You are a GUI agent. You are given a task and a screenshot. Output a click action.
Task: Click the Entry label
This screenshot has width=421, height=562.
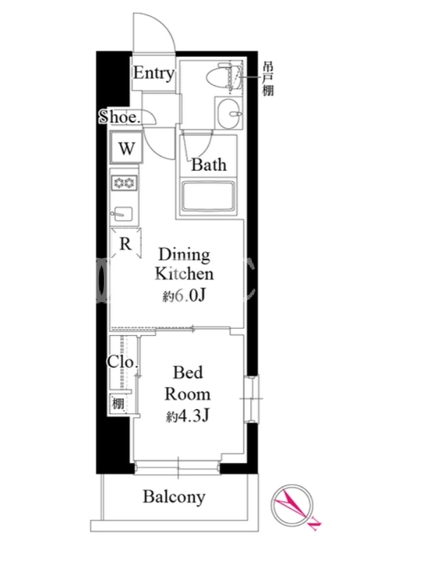pos(154,74)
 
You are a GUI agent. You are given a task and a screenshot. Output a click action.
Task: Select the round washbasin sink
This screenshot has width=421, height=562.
pos(229,112)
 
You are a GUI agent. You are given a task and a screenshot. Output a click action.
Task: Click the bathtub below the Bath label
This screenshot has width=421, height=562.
pos(208,197)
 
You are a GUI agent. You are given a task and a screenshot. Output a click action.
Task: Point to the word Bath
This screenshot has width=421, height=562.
pos(208,165)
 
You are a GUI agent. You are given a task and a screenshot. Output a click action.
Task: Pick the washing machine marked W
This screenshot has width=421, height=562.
pos(126,148)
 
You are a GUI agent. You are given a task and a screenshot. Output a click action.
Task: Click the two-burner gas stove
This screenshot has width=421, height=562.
pos(124,183)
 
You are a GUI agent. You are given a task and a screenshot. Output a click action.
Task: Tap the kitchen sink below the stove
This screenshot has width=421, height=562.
pos(123,214)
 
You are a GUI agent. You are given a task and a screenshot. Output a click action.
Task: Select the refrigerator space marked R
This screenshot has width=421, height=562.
pos(126,243)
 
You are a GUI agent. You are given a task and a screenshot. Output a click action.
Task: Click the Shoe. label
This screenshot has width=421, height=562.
pos(119,117)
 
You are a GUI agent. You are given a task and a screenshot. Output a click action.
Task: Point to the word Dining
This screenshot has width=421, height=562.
pos(184,255)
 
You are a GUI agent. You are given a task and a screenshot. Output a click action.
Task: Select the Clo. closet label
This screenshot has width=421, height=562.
pos(123,362)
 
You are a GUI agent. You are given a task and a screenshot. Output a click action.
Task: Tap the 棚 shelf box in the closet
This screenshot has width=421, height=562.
pos(118,405)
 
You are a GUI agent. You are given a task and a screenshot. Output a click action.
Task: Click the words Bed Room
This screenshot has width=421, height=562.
pos(187,384)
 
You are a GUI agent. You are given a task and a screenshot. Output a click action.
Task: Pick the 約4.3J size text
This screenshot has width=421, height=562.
pos(187,416)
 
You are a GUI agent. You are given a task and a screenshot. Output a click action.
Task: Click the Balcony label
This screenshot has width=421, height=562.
pos(174,497)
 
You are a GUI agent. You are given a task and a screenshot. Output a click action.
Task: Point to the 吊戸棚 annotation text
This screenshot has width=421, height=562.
pos(268,79)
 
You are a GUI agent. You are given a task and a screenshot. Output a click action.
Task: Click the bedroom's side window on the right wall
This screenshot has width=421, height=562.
pos(252,398)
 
